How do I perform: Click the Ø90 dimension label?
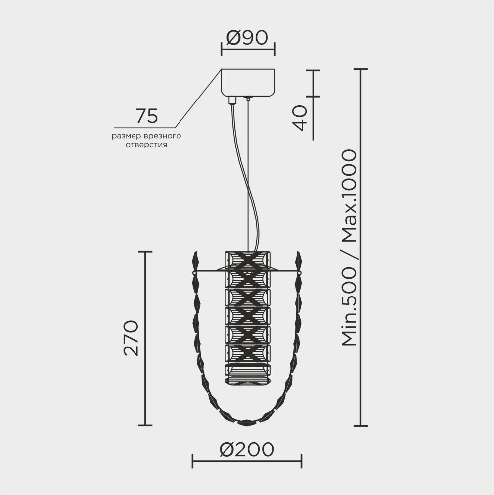[247, 38]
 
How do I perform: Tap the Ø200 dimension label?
[247, 449]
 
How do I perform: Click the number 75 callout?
[147, 116]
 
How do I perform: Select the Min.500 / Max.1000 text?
[349, 247]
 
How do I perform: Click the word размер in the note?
[125, 136]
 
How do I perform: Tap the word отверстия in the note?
[146, 145]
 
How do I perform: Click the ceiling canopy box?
[248, 82]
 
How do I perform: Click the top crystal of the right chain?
[299, 259]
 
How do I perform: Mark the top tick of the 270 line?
[144, 252]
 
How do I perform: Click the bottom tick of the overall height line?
[360, 425]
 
